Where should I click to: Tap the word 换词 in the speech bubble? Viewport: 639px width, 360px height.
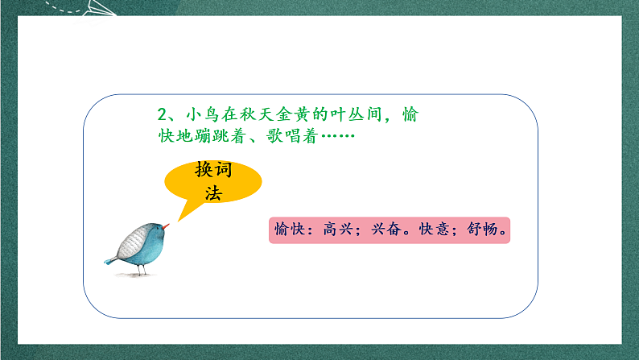coord(212,171)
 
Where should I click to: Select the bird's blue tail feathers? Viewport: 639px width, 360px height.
coord(110,260)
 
